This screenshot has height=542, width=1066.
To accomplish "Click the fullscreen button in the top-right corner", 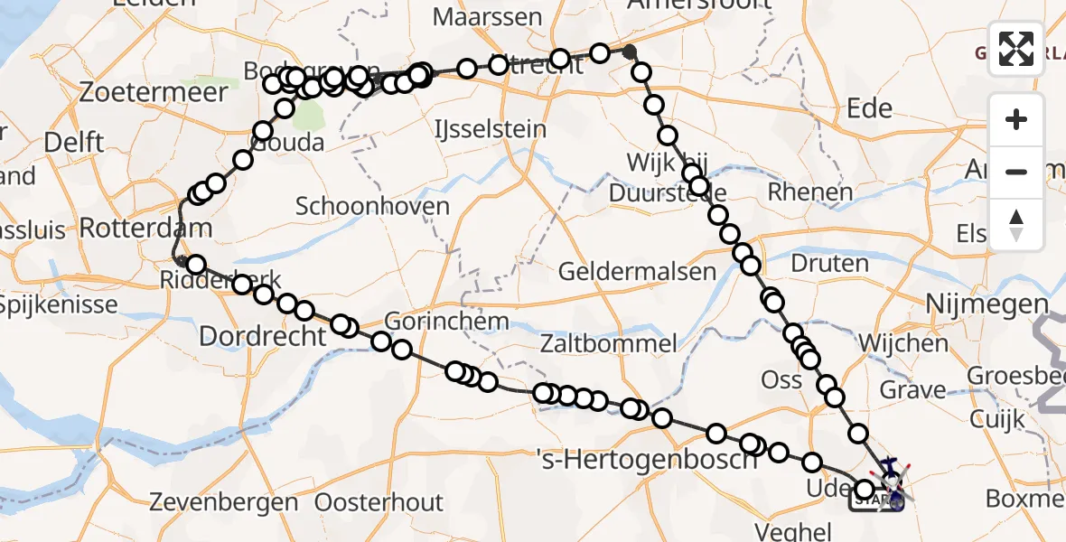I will tap(1016, 49).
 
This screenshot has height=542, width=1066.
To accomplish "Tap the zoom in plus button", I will tap(1016, 119).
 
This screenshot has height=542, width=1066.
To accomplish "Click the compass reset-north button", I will tap(1016, 225).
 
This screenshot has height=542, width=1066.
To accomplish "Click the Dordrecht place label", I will tap(261, 337).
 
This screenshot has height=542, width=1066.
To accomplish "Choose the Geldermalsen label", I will tap(637, 271).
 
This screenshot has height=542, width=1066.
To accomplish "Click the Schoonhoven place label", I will tap(372, 206).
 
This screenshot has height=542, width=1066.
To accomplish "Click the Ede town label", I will tap(869, 109).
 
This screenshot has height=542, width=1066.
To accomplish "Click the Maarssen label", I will tap(487, 17).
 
